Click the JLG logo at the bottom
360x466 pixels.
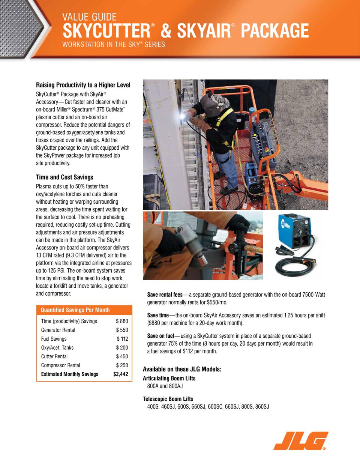point(301,440)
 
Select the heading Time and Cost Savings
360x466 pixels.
point(64,177)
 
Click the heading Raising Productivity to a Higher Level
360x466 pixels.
point(83,85)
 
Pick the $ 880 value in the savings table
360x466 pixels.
point(122,321)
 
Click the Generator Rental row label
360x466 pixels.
point(58,330)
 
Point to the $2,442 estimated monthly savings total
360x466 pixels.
point(121,374)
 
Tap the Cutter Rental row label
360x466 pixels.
point(54,356)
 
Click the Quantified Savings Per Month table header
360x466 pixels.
point(75,310)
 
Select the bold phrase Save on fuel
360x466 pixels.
point(160,336)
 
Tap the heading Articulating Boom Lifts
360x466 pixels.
point(169,378)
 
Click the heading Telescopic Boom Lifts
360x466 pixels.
point(168,399)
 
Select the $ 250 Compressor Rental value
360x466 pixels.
point(122,365)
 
